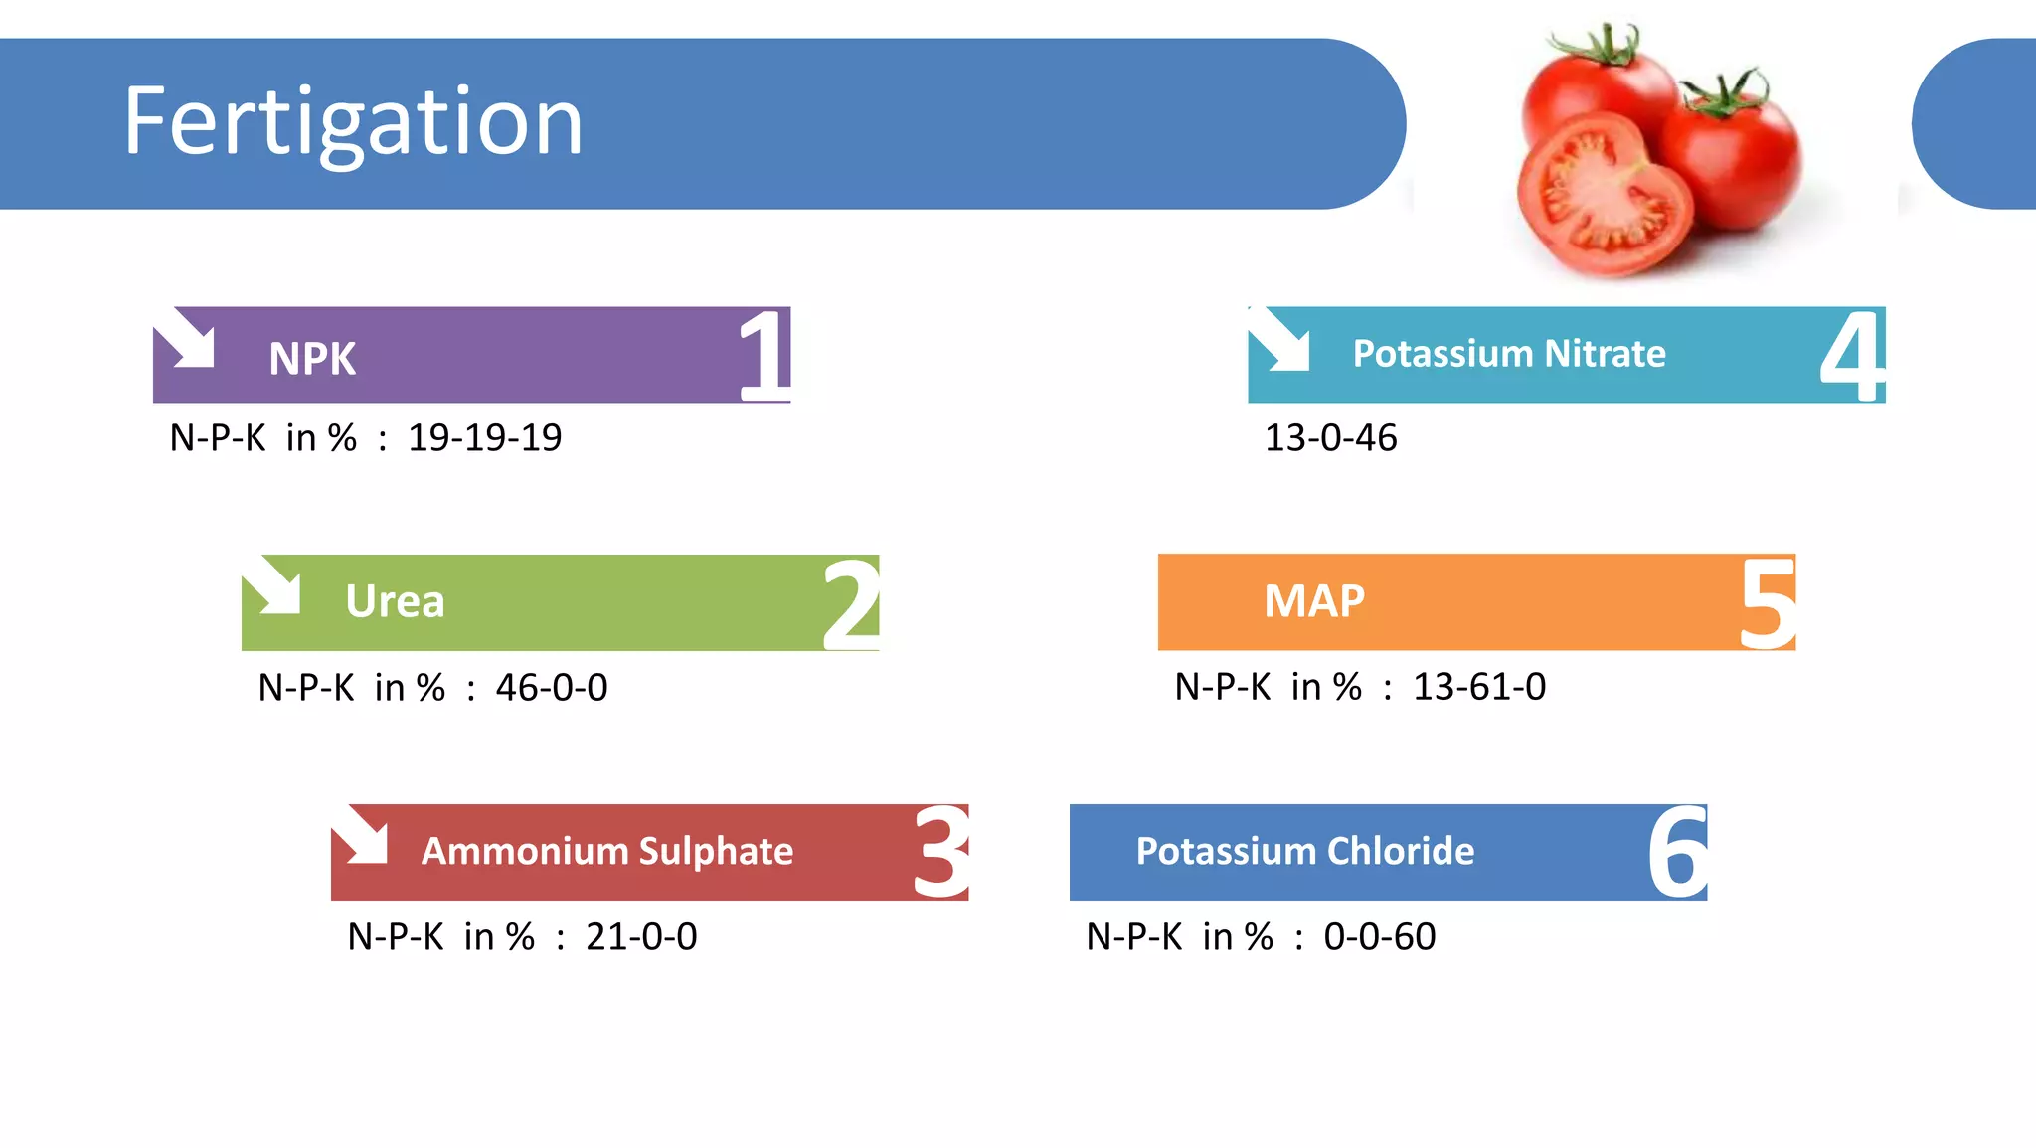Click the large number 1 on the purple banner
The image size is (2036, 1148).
coord(763,355)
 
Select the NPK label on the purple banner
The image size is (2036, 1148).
coord(312,359)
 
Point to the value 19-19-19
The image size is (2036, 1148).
coord(485,438)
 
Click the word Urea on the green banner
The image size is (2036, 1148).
coord(395,601)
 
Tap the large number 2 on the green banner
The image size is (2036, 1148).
coord(851,604)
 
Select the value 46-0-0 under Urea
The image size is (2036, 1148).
coord(552,688)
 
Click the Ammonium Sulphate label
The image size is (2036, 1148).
coord(607,851)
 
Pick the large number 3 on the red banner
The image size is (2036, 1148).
coord(940,853)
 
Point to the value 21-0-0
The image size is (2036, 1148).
coord(641,937)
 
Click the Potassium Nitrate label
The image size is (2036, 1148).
coord(1509,354)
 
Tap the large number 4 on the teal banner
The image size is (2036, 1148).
coord(1851,356)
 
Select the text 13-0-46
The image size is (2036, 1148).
coord(1330,438)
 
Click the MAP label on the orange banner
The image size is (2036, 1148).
coord(1314,601)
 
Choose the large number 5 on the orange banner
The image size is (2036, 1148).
coord(1768,603)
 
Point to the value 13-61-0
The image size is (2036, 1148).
coord(1479,687)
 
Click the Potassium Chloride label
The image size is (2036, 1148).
coord(1305,851)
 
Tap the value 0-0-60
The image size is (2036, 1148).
coord(1380,937)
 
